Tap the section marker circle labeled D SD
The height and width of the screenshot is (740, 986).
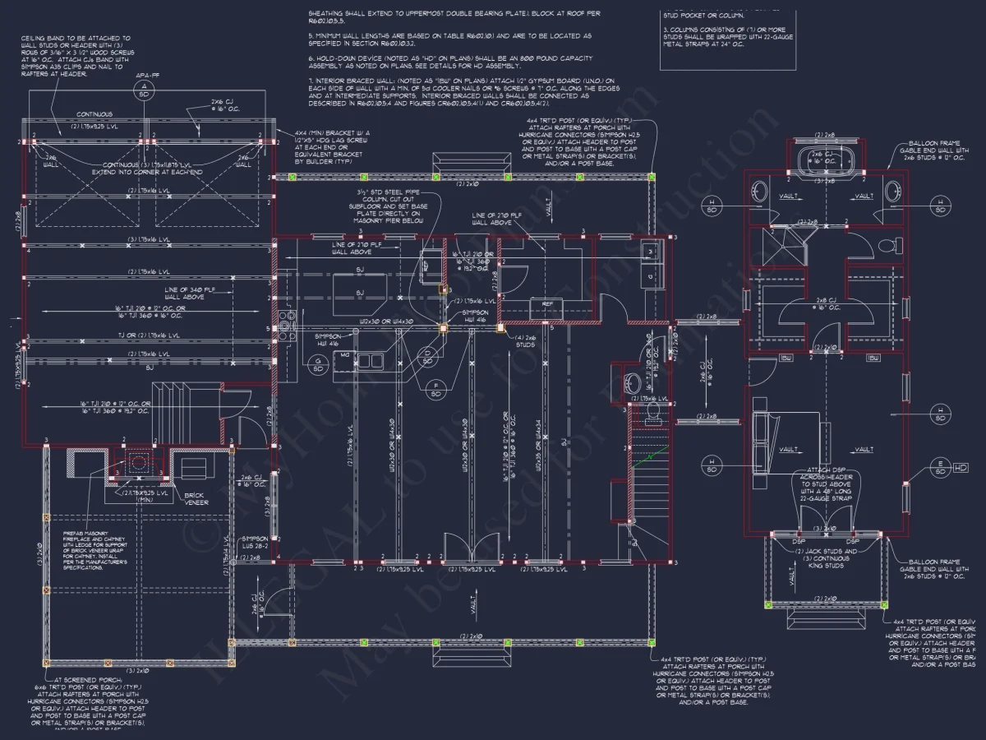427,355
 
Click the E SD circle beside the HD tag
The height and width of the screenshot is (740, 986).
938,467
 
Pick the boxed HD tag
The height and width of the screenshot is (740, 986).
961,467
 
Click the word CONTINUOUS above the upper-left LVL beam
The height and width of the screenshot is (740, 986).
94,114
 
